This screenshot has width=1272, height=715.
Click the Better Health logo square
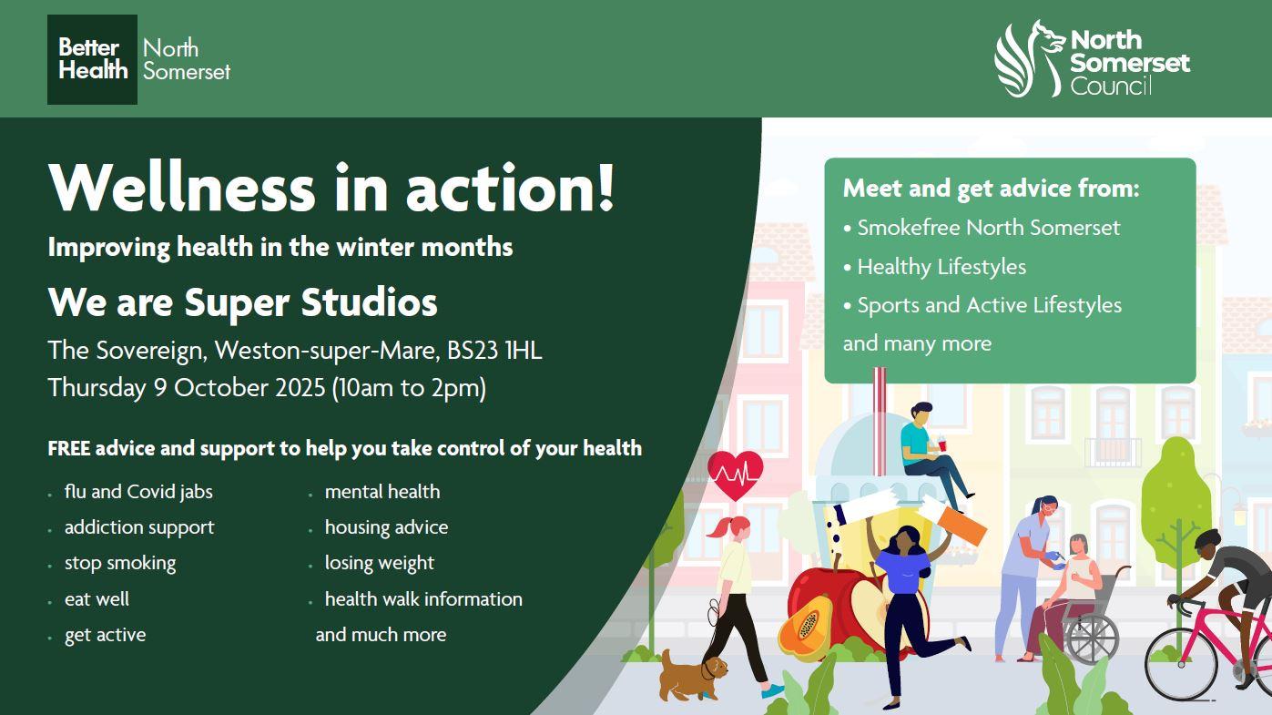click(92, 59)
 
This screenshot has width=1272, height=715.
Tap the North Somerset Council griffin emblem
click(1028, 59)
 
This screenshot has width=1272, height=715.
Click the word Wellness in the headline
click(181, 187)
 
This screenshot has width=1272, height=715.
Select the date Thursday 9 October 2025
click(187, 388)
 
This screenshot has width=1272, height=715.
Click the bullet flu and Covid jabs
click(137, 492)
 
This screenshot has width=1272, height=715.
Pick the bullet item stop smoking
click(119, 563)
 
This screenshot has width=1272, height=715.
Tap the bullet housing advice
click(385, 527)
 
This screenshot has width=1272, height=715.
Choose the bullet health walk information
click(422, 599)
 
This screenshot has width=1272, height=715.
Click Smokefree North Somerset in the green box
click(987, 228)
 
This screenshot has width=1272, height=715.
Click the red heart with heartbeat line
click(734, 474)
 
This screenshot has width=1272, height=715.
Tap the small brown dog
click(692, 675)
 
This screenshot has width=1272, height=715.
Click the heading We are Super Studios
click(242, 302)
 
